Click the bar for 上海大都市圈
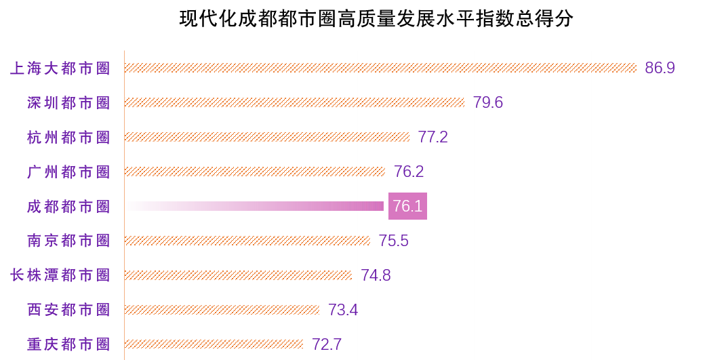coord(380,68)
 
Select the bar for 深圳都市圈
coord(294,102)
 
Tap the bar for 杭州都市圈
coord(267,137)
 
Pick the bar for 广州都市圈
coord(255,172)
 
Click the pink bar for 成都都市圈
coord(255,206)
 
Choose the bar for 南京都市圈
coord(247,241)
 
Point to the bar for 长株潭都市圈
coord(238,275)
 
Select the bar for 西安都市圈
coord(222,310)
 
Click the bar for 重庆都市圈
coord(214,344)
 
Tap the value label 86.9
coord(660,68)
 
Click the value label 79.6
coord(488,102)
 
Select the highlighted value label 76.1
coord(407,206)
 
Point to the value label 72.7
coord(327,344)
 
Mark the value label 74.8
coord(376,275)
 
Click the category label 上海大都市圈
coord(60,68)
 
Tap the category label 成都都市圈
coord(68,207)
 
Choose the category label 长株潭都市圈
coord(60,275)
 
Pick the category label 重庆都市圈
coord(68,344)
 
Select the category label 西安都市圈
coord(68,310)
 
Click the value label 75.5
coord(394,241)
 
